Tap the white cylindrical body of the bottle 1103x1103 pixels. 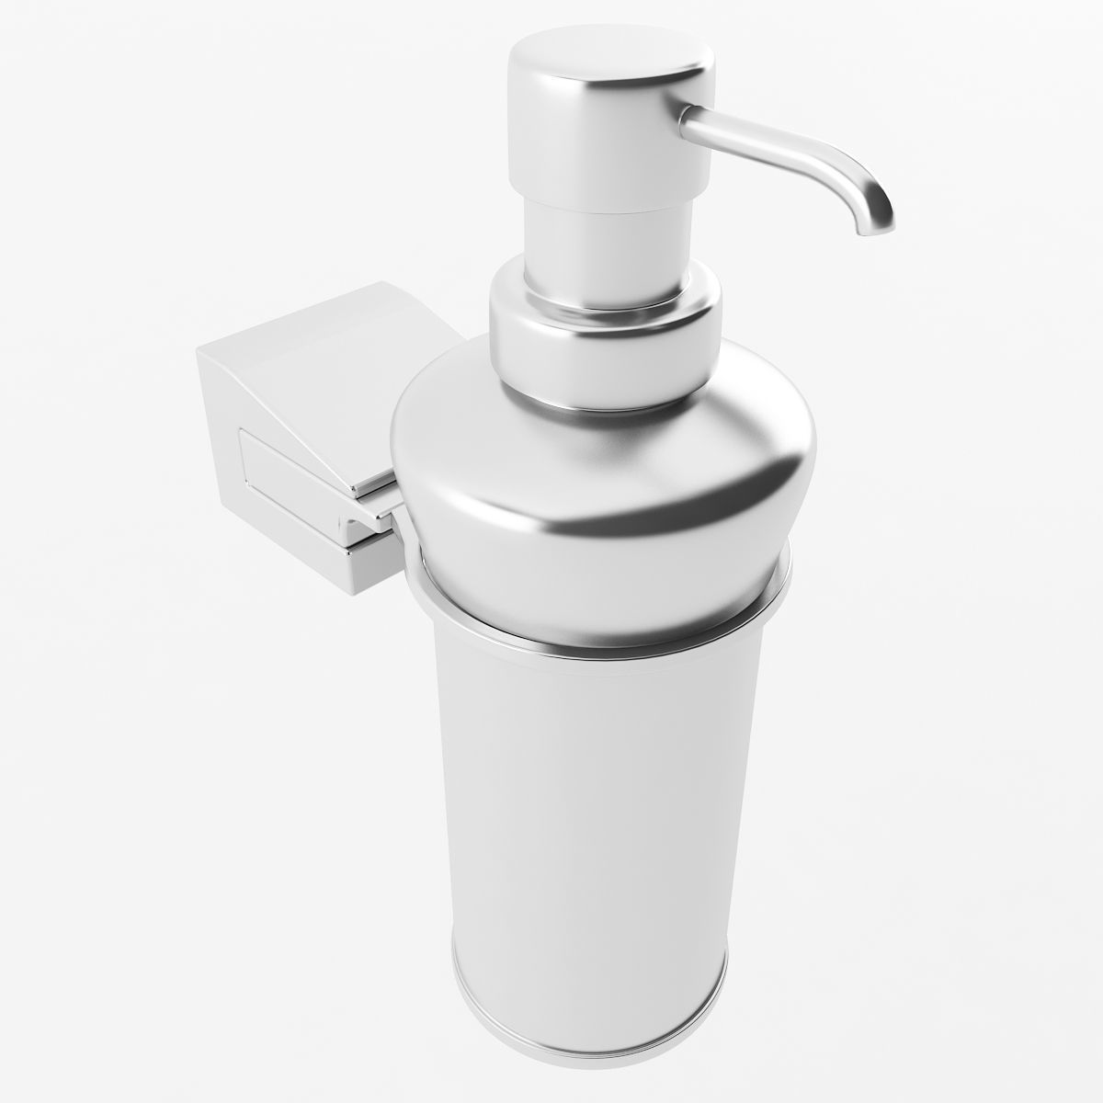[x=588, y=781]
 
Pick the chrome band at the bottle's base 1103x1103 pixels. [x=588, y=1006]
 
